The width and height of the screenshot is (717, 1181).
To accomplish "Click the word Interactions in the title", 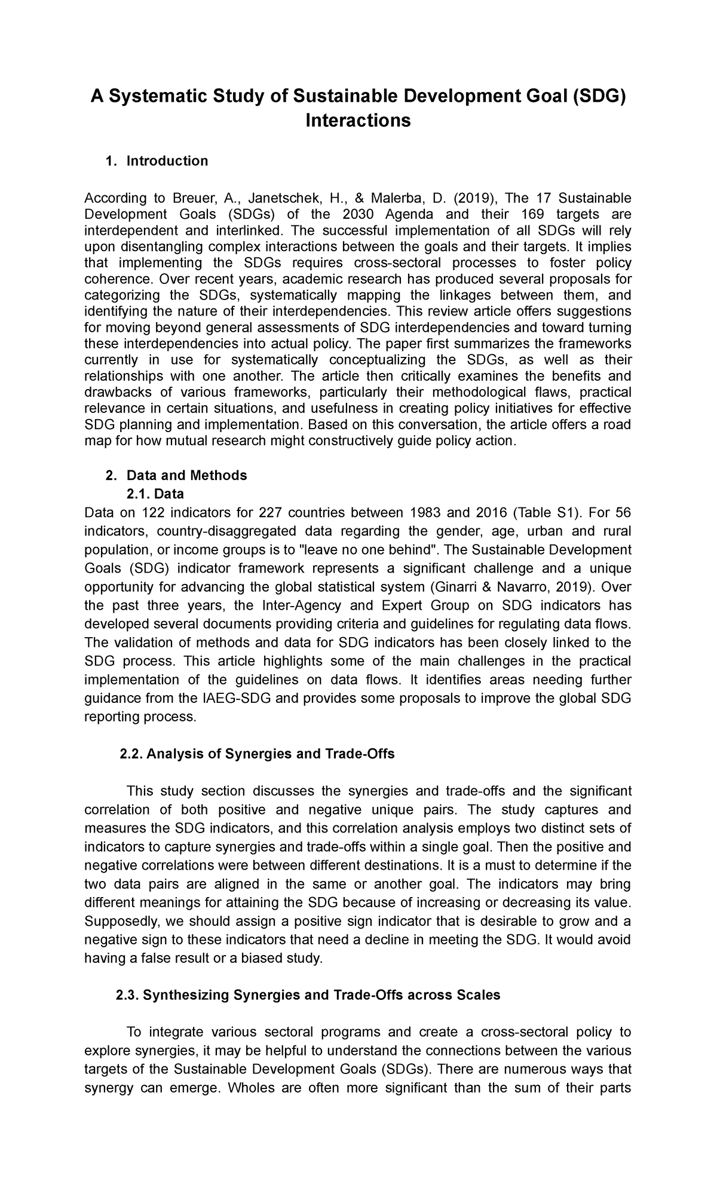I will (358, 121).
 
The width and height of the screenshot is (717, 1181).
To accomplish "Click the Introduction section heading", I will (167, 161).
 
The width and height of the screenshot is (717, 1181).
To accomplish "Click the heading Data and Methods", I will (186, 475).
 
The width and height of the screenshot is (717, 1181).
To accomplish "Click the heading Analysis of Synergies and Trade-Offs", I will (270, 754).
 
